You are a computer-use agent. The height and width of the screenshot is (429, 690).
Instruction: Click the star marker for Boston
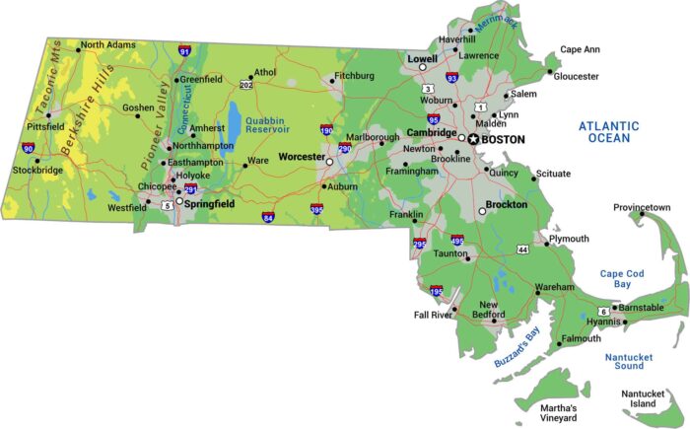tap(473, 139)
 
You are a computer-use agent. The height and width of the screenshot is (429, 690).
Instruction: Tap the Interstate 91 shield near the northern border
tap(184, 50)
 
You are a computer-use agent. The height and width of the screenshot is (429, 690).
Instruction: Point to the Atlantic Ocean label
tap(608, 132)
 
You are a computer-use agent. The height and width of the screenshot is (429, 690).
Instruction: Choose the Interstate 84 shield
tap(268, 216)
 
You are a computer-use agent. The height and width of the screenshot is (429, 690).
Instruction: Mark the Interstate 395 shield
tap(316, 209)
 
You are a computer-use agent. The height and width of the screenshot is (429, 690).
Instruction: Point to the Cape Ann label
tap(580, 49)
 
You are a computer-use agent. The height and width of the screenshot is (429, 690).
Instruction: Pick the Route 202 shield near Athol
tap(245, 86)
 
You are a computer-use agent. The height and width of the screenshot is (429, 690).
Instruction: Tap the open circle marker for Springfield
tap(178, 202)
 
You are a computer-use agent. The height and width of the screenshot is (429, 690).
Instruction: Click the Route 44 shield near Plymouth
tap(522, 250)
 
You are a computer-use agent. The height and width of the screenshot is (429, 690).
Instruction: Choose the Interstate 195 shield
tap(437, 292)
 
